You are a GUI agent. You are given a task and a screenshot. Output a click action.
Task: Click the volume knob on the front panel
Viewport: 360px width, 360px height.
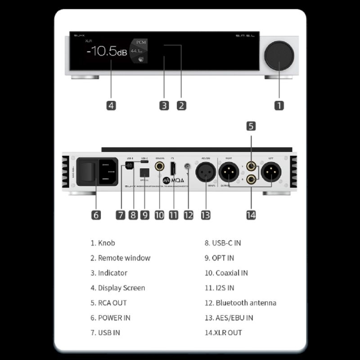[x=279, y=55]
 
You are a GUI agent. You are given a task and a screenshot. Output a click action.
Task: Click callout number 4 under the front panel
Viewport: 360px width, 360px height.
[x=111, y=106]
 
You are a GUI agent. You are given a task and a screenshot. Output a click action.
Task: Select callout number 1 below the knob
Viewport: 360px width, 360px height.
[x=279, y=106]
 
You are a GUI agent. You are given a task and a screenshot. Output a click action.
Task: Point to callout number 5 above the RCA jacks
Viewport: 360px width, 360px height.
[x=251, y=126]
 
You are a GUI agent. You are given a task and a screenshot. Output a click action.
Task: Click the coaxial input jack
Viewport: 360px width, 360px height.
[x=160, y=166]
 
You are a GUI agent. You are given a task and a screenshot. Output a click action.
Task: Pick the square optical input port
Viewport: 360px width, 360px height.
[x=144, y=172]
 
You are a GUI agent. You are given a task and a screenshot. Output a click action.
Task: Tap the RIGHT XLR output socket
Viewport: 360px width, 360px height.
[x=229, y=172]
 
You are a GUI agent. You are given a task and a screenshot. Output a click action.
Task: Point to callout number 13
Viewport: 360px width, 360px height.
[x=205, y=215]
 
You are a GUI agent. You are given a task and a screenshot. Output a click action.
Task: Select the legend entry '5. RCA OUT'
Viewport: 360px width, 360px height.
[x=108, y=303]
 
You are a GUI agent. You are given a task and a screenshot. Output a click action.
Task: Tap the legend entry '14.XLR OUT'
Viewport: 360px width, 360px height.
[x=223, y=333]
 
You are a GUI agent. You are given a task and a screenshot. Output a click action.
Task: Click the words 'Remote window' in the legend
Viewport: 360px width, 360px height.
[x=124, y=258]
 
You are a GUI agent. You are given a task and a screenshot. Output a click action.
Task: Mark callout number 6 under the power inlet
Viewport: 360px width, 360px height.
[x=96, y=215]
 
